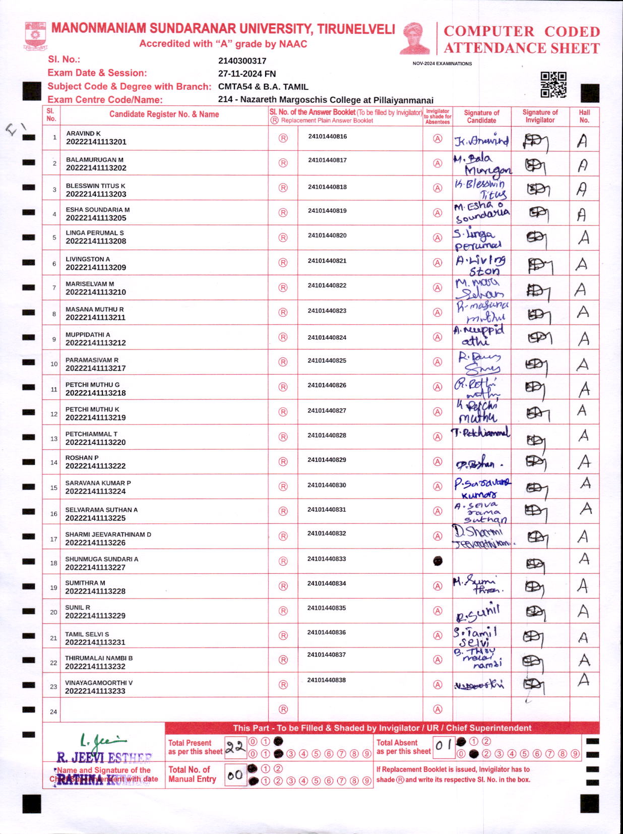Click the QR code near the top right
[x=553, y=85]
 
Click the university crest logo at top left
[x=35, y=36]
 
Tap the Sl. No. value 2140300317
[x=242, y=61]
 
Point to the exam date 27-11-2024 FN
[x=246, y=74]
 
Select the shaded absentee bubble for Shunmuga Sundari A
[x=438, y=561]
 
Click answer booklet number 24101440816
[x=327, y=137]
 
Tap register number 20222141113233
[x=95, y=691]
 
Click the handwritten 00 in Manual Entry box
[x=235, y=775]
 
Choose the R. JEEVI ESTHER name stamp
[x=104, y=757]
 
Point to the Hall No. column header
[x=584, y=116]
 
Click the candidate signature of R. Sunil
[x=477, y=613]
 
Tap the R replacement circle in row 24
[x=283, y=709]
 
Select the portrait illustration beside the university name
[x=415, y=38]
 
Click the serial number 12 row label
[x=54, y=414]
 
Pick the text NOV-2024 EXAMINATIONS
[x=442, y=64]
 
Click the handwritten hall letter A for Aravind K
[x=582, y=141]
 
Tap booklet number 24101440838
[x=327, y=680]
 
